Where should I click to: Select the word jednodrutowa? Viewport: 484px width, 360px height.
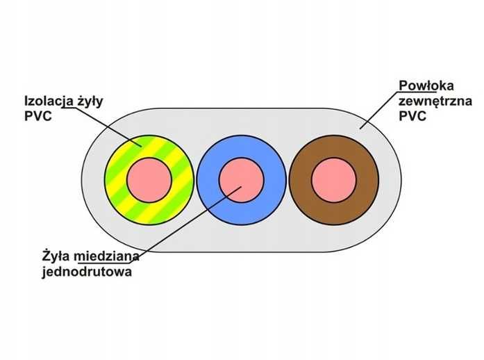click(86, 272)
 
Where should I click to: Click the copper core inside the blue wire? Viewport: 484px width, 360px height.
click(241, 180)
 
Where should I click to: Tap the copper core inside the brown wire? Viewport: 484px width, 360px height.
click(333, 180)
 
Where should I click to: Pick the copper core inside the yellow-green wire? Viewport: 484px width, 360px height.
click(149, 180)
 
